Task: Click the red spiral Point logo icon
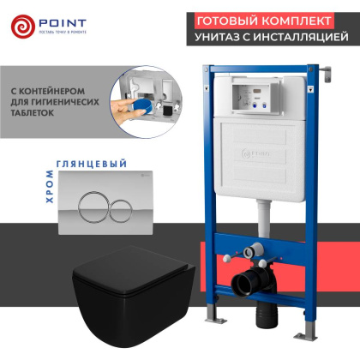[24, 24]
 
